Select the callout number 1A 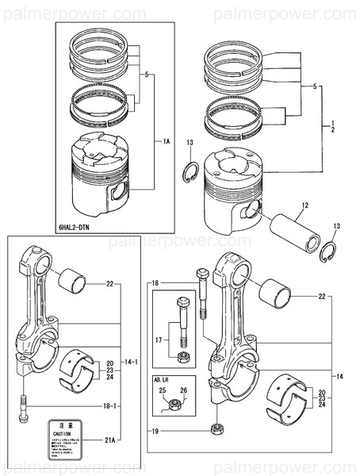pos(166,141)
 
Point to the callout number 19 pos(155,431)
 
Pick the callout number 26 pos(184,391)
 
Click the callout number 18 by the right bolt pos(155,282)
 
